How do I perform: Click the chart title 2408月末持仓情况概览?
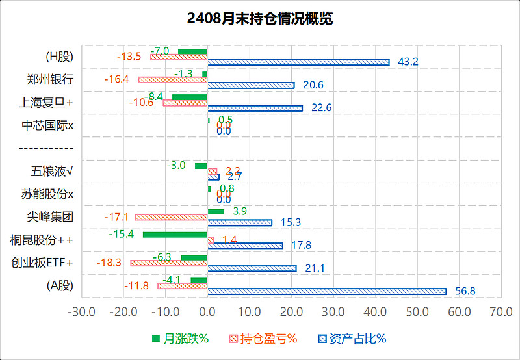259,18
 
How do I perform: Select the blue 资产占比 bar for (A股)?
327,292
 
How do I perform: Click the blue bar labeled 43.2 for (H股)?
298,62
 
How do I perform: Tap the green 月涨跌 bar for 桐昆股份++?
175,234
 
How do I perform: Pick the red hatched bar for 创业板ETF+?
169,263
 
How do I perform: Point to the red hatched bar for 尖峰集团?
172,217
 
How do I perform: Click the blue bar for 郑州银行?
251,85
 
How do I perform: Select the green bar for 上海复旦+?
190,97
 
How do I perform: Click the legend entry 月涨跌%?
179,339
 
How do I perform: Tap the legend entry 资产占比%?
351,339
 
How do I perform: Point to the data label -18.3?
109,263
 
